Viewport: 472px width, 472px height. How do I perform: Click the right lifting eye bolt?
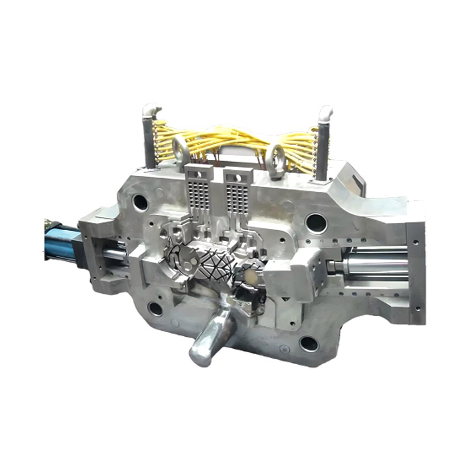pyautogui.click(x=275, y=158)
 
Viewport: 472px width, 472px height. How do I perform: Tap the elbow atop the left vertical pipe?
pyautogui.click(x=150, y=110)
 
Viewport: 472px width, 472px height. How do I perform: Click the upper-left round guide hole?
pyautogui.click(x=140, y=202)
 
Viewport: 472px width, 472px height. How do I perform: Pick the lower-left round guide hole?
pyautogui.click(x=155, y=309)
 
